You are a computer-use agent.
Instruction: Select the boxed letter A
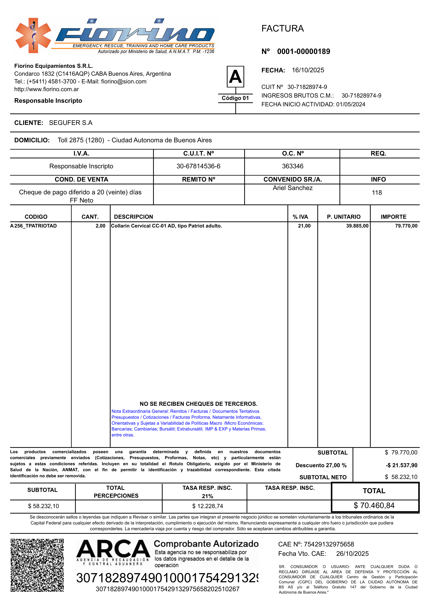(x=235, y=77)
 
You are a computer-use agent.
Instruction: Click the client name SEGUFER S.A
(x=71, y=123)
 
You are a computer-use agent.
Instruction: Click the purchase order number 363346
(x=293, y=166)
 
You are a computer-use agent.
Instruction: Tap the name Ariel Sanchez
(x=293, y=188)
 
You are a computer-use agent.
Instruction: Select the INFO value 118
(x=377, y=193)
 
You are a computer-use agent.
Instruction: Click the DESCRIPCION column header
(x=133, y=217)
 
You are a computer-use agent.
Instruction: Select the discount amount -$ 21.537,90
(x=401, y=465)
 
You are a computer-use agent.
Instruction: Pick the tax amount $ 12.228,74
(x=208, y=506)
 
